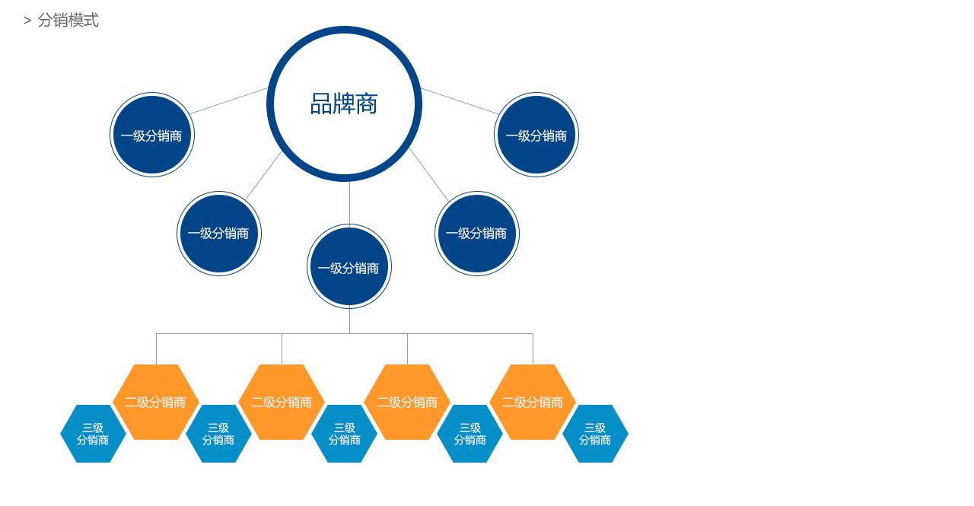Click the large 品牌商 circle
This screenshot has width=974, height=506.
[344, 104]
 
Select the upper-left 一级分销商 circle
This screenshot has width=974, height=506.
[152, 135]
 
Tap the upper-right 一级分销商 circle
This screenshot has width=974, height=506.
[536, 135]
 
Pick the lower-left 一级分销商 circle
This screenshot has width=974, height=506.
[219, 234]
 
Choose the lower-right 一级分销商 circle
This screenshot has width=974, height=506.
[477, 234]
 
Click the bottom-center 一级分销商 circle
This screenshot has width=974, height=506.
[349, 267]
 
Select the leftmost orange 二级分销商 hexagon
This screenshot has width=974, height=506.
[156, 402]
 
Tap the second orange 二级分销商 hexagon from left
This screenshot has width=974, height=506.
[282, 402]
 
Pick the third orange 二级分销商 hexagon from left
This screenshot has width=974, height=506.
[407, 402]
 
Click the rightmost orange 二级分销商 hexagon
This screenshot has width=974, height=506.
[533, 402]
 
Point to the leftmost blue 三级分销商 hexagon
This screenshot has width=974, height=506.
[93, 434]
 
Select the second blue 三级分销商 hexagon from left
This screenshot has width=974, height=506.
[218, 434]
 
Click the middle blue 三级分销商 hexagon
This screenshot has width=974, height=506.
[344, 434]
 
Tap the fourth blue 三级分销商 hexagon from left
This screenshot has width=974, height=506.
[469, 434]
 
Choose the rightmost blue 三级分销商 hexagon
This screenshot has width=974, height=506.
[595, 434]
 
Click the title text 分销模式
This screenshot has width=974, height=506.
[68, 21]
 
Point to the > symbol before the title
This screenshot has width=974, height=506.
[27, 21]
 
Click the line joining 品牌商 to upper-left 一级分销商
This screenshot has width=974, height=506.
[228, 101]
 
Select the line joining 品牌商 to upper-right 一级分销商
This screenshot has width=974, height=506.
[460, 101]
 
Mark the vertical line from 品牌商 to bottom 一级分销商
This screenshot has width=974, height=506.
[349, 203]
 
